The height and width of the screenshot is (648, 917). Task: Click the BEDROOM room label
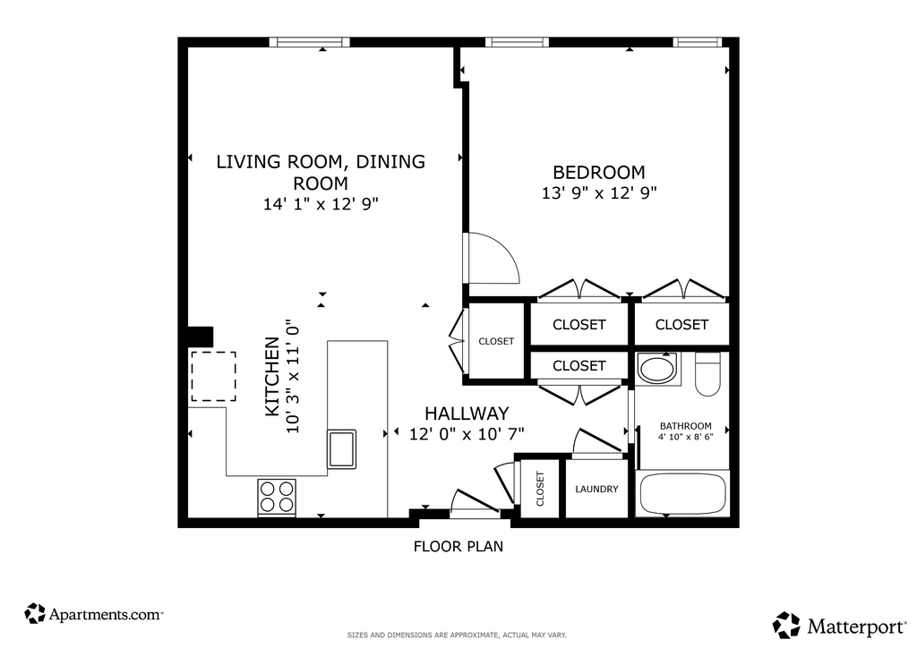pos(599,173)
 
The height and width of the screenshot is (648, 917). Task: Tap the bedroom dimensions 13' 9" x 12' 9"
pos(599,192)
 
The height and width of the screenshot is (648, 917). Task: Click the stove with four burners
pos(277,498)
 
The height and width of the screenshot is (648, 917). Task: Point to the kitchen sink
pos(341,448)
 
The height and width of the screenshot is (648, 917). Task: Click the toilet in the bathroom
pos(707,374)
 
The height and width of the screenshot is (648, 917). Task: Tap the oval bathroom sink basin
pos(658,369)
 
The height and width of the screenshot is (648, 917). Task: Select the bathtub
pos(682,494)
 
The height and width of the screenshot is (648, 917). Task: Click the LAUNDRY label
pos(596,489)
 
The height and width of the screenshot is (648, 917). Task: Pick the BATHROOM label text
pos(685,426)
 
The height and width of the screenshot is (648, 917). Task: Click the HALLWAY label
pos(467,414)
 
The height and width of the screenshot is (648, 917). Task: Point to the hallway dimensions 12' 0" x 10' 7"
pos(467,434)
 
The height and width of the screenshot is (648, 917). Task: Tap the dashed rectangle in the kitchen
pos(213,376)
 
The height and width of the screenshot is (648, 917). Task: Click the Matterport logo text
pos(856,627)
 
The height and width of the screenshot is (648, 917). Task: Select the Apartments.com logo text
pos(106,615)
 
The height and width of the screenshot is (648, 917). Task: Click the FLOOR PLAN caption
pos(458,546)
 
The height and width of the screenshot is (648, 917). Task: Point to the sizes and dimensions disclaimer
pos(457,635)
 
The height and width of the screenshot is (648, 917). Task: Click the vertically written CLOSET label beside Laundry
pos(540,489)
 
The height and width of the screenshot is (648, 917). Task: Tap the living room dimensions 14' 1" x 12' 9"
pos(321,204)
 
